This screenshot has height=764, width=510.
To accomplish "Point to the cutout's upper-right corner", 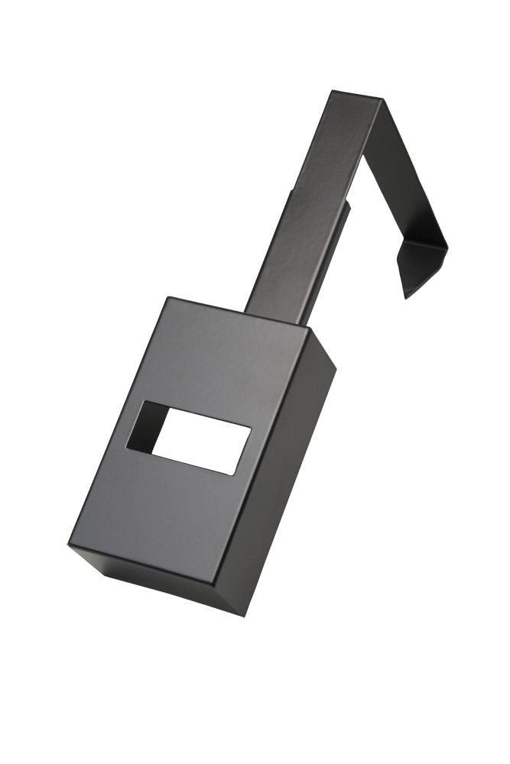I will click(x=251, y=428).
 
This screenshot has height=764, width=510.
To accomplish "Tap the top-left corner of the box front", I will click(x=169, y=298).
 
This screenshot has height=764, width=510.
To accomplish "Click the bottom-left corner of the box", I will click(x=70, y=544).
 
